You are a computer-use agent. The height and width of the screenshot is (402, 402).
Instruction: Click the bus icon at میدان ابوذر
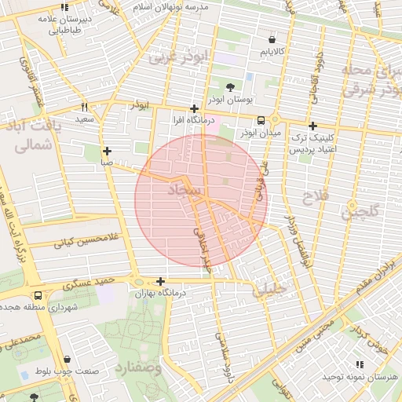pos(261,120)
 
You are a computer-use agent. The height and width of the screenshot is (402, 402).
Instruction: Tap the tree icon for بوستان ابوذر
pos(230,87)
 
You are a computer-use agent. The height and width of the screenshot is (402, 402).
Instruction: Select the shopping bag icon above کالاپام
pos(272,38)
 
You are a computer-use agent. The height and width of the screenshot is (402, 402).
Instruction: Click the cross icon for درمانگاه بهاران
pos(161,281)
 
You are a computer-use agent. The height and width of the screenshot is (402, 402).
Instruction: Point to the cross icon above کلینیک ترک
pos(312,126)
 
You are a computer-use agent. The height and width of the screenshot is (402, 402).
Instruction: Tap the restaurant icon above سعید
pos(84,107)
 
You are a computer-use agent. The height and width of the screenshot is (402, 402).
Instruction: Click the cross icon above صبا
pos(107,151)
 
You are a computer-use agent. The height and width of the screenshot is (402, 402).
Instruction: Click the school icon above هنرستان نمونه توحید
pos(360,364)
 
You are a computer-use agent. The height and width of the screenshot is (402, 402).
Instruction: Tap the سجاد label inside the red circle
pos(185,191)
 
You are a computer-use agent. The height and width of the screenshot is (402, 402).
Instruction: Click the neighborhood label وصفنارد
pos(137,367)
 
